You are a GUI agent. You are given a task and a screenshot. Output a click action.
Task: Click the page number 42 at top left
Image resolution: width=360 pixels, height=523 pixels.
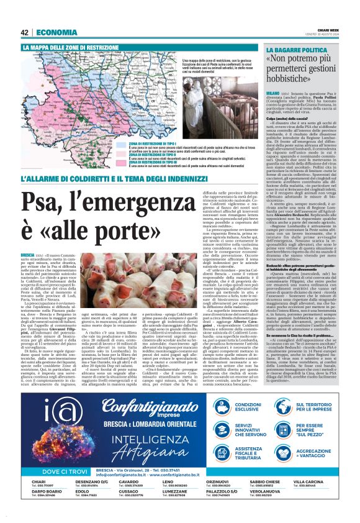[25, 32]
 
